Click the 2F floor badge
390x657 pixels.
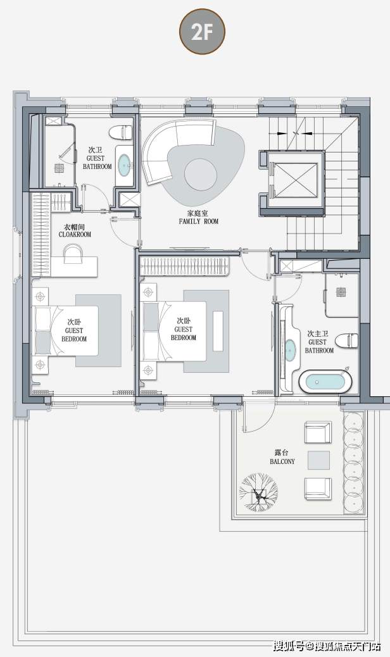click(203, 32)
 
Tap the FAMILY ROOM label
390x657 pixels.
click(199, 222)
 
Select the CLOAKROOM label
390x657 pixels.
click(75, 235)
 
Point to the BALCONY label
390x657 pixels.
click(282, 461)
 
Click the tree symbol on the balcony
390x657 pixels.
click(258, 492)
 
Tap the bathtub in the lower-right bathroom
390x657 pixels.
click(325, 382)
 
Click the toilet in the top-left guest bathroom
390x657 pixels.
click(121, 132)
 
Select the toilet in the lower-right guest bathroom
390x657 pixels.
click(346, 341)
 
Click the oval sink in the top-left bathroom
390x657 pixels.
click(125, 165)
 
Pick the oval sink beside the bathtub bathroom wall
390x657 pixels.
click(290, 348)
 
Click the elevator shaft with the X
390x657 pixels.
click(296, 180)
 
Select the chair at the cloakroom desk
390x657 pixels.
click(73, 254)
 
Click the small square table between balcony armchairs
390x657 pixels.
click(319, 460)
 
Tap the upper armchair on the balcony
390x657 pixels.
click(318, 432)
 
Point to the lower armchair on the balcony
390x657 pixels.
click(318, 488)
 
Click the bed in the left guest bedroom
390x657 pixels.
click(66, 330)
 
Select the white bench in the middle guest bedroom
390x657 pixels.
click(218, 330)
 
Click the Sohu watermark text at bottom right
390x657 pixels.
click(327, 646)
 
